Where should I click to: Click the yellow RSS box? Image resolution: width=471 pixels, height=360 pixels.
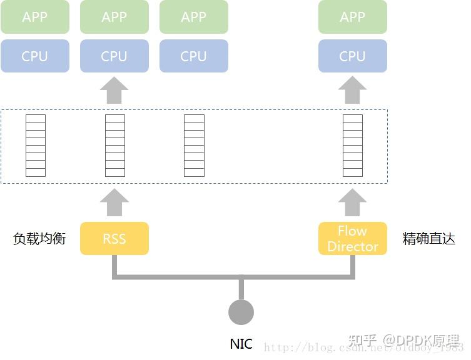point(114,239)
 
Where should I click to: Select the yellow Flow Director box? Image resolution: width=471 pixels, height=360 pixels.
point(352,239)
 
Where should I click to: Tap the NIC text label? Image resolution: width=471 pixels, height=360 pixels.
point(241,344)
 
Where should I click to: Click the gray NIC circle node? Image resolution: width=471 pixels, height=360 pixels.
point(241,312)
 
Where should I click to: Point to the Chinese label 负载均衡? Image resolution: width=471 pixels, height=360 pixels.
point(39,239)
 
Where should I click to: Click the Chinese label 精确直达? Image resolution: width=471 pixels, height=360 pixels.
point(428,239)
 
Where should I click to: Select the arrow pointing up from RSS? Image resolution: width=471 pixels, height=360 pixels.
point(114,203)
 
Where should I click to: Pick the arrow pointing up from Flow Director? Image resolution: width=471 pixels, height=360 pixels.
point(352,203)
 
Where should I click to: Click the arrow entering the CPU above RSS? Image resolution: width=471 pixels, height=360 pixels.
point(114,91)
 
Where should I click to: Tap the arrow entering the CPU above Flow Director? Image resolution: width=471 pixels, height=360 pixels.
point(352,91)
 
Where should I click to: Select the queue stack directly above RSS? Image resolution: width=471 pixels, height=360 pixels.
point(114,146)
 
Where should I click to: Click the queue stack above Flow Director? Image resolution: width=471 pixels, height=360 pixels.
point(352,146)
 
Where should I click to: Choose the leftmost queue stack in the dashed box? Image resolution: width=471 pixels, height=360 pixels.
point(35,146)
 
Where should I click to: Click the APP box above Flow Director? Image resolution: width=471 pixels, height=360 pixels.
point(352,17)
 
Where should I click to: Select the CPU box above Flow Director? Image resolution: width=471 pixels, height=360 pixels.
point(352,56)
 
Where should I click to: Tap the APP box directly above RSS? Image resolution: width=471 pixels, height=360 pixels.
point(114,17)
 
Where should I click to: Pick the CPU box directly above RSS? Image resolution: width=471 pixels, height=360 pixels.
point(114,56)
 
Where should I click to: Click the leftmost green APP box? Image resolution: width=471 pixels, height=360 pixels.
point(34,17)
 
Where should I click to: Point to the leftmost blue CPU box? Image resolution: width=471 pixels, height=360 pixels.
point(34,56)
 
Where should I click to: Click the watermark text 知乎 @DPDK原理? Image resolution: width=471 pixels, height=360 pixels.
point(403,341)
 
